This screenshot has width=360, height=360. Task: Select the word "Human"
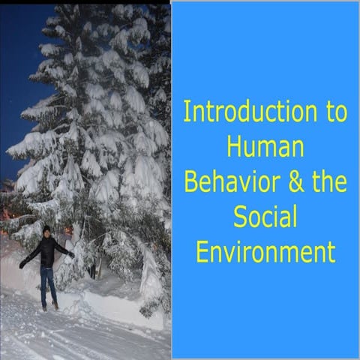pyautogui.click(x=265, y=148)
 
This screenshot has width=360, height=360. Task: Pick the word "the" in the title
pyautogui.click(x=328, y=183)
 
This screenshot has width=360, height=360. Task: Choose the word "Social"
pyautogui.click(x=265, y=217)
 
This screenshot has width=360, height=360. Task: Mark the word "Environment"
pyautogui.click(x=265, y=253)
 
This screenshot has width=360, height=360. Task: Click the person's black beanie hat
pyautogui.click(x=46, y=229)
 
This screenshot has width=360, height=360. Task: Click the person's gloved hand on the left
pyautogui.click(x=22, y=265)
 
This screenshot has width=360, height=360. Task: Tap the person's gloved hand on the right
pyautogui.click(x=71, y=254)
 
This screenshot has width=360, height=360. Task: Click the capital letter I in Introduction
pyautogui.click(x=187, y=112)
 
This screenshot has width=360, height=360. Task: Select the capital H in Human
pyautogui.click(x=233, y=148)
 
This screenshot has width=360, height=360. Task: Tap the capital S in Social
pyautogui.click(x=240, y=217)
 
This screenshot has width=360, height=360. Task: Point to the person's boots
pyautogui.click(x=49, y=306)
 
